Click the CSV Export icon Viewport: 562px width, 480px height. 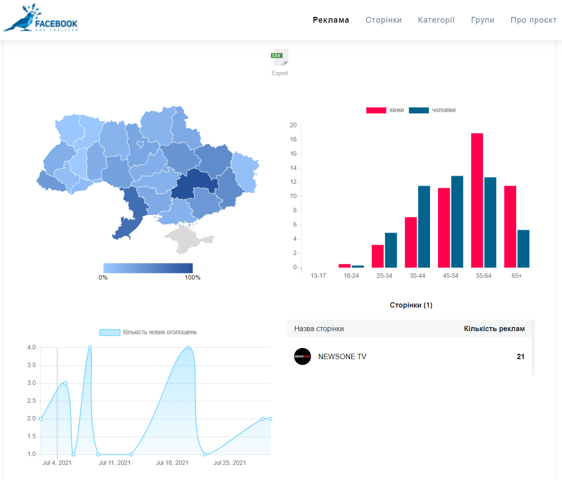tap(279, 57)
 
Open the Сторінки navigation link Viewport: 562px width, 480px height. tap(383, 20)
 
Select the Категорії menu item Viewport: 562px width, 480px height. tap(436, 20)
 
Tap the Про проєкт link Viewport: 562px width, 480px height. tap(533, 20)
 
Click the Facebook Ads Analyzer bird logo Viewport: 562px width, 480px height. tap(40, 18)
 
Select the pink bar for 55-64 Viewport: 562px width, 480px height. tap(477, 200)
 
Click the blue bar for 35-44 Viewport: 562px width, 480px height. tap(424, 227)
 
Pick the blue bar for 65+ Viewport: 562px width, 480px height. tap(523, 248)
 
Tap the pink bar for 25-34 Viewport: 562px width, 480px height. tap(378, 256)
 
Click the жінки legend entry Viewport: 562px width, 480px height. tap(385, 110)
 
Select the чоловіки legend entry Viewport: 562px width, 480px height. tap(432, 110)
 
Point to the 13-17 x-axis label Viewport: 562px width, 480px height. tap(318, 276)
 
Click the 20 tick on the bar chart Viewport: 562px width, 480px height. tap(293, 125)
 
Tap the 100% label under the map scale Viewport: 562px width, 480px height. tap(192, 277)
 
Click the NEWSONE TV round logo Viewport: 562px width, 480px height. tap(303, 356)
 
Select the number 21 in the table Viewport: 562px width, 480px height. tap(520, 356)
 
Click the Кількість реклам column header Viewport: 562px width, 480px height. tap(494, 328)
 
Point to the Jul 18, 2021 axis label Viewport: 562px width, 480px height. tap(172, 463)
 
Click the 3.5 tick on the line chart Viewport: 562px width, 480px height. tap(32, 365)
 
